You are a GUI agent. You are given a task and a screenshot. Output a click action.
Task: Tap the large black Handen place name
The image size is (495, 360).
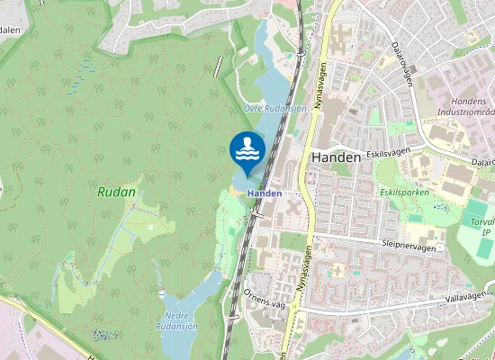pos(336,157)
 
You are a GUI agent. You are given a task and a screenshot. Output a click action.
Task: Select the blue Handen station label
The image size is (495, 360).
pos(265,193)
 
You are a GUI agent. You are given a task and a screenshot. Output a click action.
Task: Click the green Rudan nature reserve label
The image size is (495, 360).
pos(116,192)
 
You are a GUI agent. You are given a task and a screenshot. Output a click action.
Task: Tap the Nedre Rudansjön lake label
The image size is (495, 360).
pos(183,320)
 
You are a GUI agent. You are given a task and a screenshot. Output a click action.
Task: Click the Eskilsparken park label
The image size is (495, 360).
pos(404,192)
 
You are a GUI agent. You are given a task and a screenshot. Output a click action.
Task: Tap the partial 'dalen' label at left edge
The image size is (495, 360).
pos(10,29)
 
